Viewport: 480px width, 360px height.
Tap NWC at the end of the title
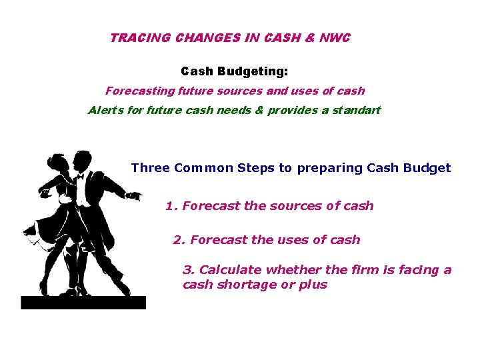(x=334, y=38)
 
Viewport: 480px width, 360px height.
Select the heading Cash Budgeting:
(x=234, y=71)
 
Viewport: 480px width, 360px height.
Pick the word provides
(x=291, y=110)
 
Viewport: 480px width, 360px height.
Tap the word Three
(x=151, y=168)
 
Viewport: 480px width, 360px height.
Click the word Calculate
(x=231, y=270)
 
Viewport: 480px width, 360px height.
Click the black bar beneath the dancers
(x=83, y=303)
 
